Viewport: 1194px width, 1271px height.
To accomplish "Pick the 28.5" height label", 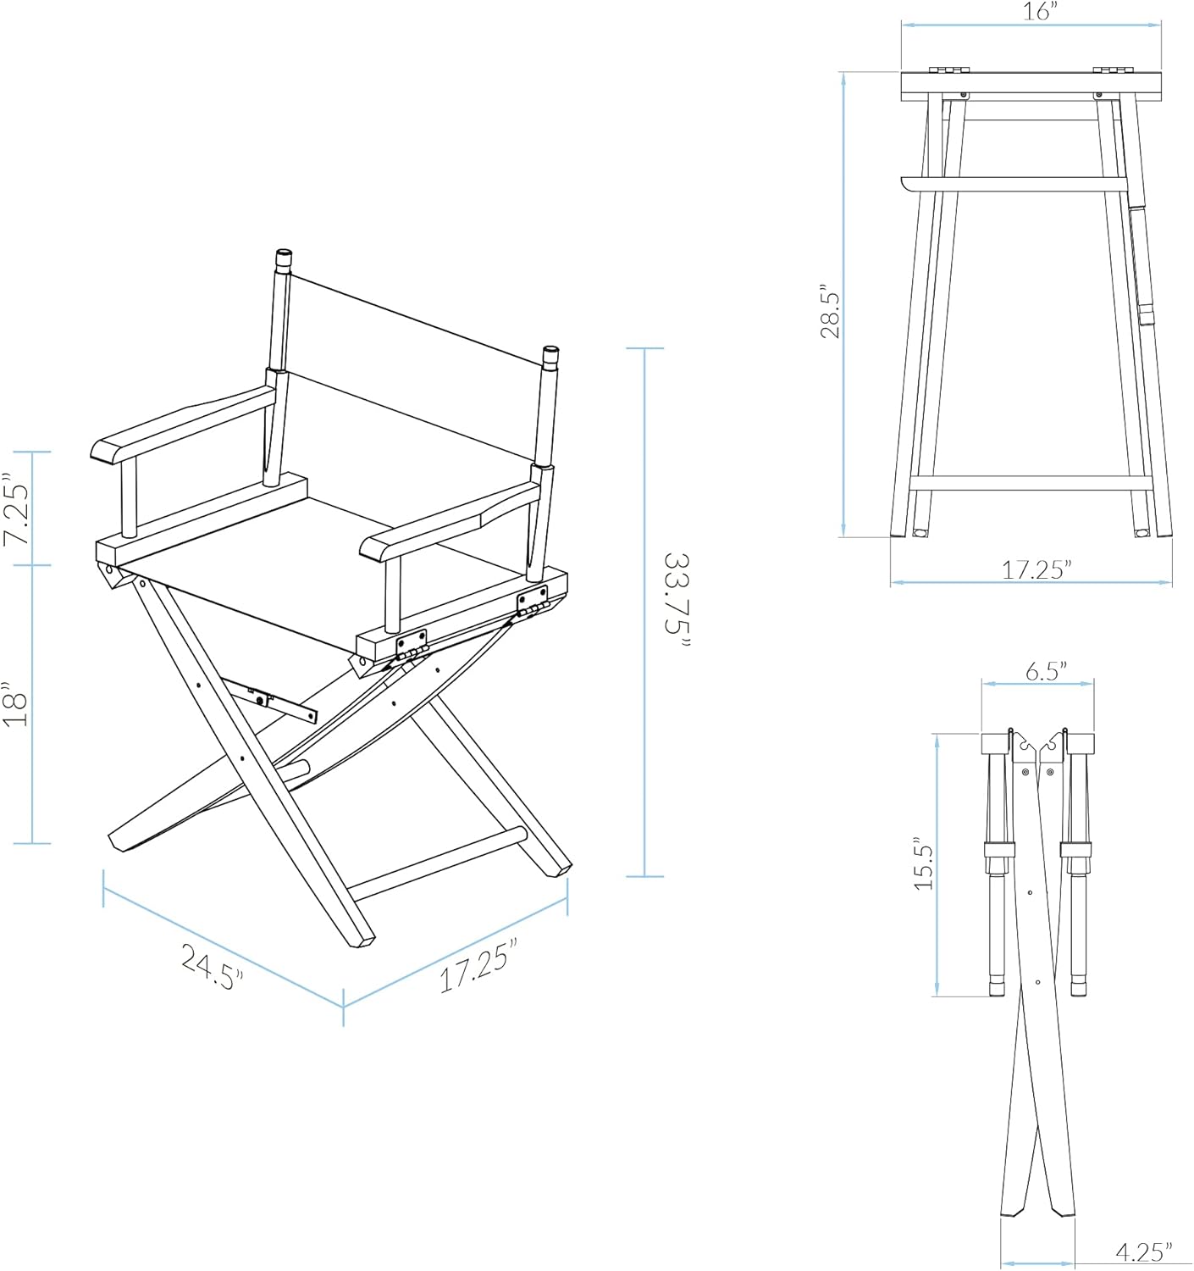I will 831,315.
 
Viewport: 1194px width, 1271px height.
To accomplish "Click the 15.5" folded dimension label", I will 923,866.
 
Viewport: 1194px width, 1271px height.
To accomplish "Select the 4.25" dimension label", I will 1143,1250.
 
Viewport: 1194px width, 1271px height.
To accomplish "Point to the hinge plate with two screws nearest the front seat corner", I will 412,643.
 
